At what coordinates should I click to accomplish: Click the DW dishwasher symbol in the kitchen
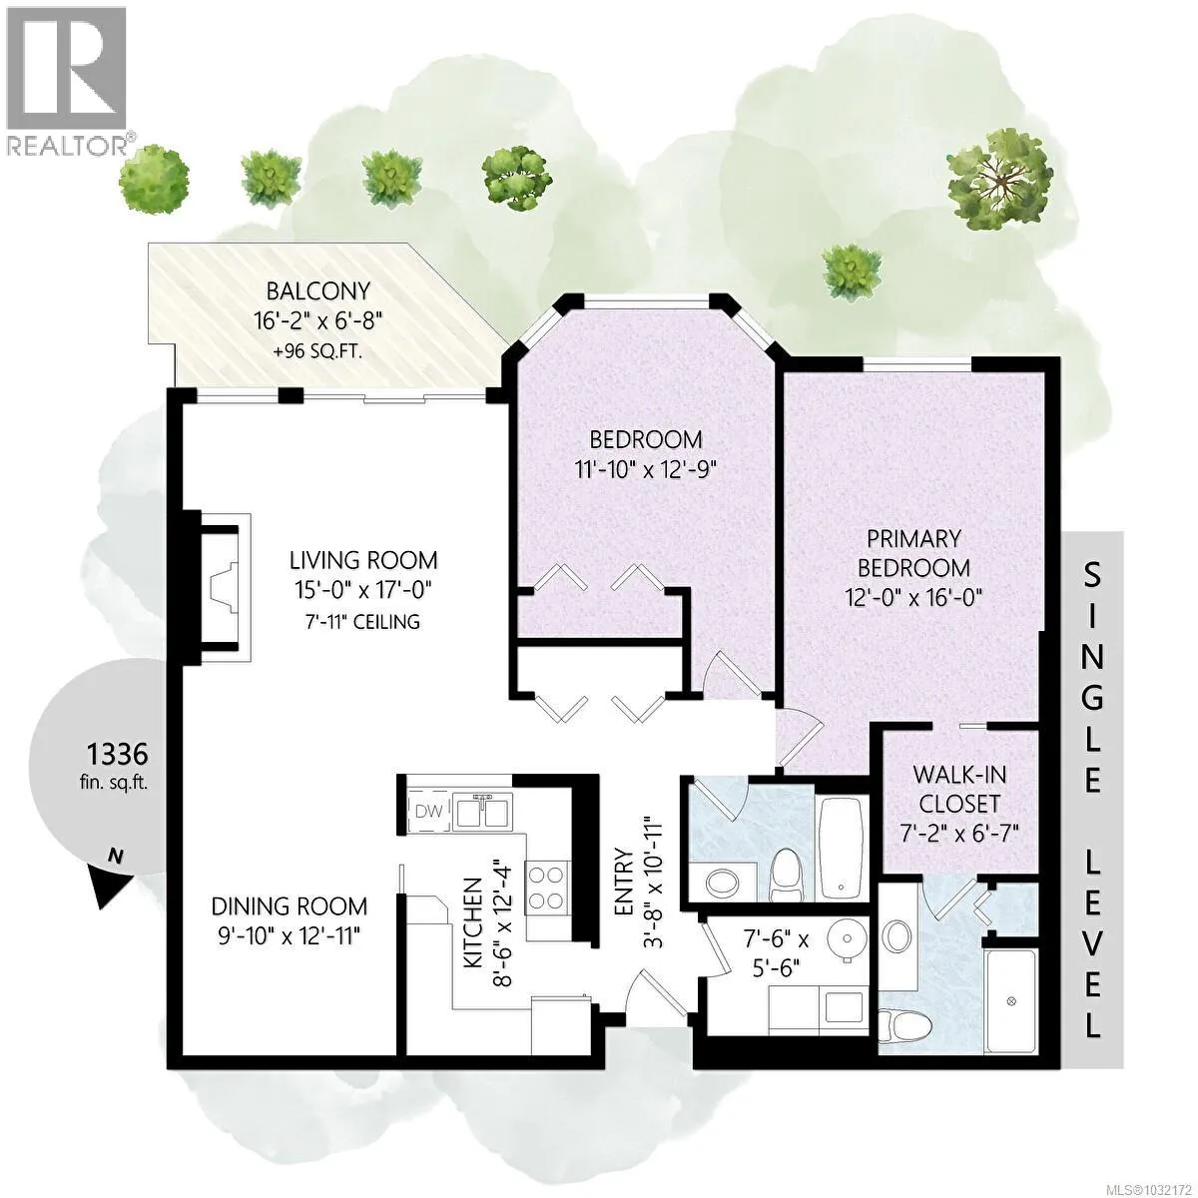pyautogui.click(x=428, y=812)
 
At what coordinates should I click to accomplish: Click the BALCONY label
pyautogui.click(x=318, y=291)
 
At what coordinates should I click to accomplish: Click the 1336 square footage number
pyautogui.click(x=117, y=755)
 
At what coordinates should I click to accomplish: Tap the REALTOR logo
pyautogui.click(x=69, y=80)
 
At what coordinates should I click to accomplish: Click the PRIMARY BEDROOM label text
pyautogui.click(x=913, y=553)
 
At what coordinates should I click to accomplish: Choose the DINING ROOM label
pyautogui.click(x=290, y=906)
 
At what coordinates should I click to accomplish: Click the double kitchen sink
pyautogui.click(x=482, y=811)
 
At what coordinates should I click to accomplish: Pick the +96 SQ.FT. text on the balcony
pyautogui.click(x=317, y=351)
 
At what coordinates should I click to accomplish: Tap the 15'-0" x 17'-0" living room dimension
pyautogui.click(x=363, y=589)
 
